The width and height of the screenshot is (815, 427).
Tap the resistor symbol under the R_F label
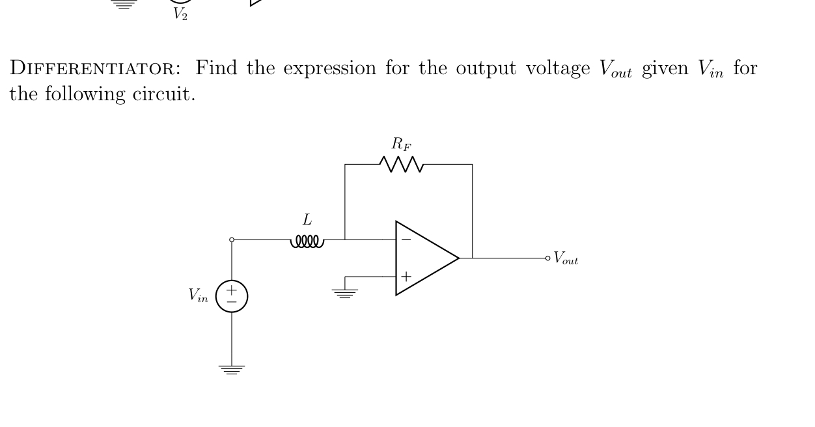pos(405,165)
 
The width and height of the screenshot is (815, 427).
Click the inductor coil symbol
pos(307,241)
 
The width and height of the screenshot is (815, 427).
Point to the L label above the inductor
pos(307,221)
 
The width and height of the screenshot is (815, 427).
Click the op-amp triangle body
pos(426,258)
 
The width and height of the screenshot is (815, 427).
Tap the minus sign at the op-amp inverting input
pos(406,240)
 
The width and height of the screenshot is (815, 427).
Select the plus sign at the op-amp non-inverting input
pos(406,276)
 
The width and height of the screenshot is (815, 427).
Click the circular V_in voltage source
pos(232,296)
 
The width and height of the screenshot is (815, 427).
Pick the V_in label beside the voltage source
pos(199,296)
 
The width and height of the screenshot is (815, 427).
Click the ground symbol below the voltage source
pos(232,369)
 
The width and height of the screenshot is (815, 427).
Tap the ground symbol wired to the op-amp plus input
pos(345,292)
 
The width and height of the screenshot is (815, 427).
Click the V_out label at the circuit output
pos(566,259)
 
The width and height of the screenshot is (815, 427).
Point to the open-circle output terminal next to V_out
pos(548,258)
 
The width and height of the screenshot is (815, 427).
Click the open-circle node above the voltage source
pos(232,240)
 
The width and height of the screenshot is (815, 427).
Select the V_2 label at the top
pos(180,14)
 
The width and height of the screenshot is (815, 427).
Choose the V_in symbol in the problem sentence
pos(711,69)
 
